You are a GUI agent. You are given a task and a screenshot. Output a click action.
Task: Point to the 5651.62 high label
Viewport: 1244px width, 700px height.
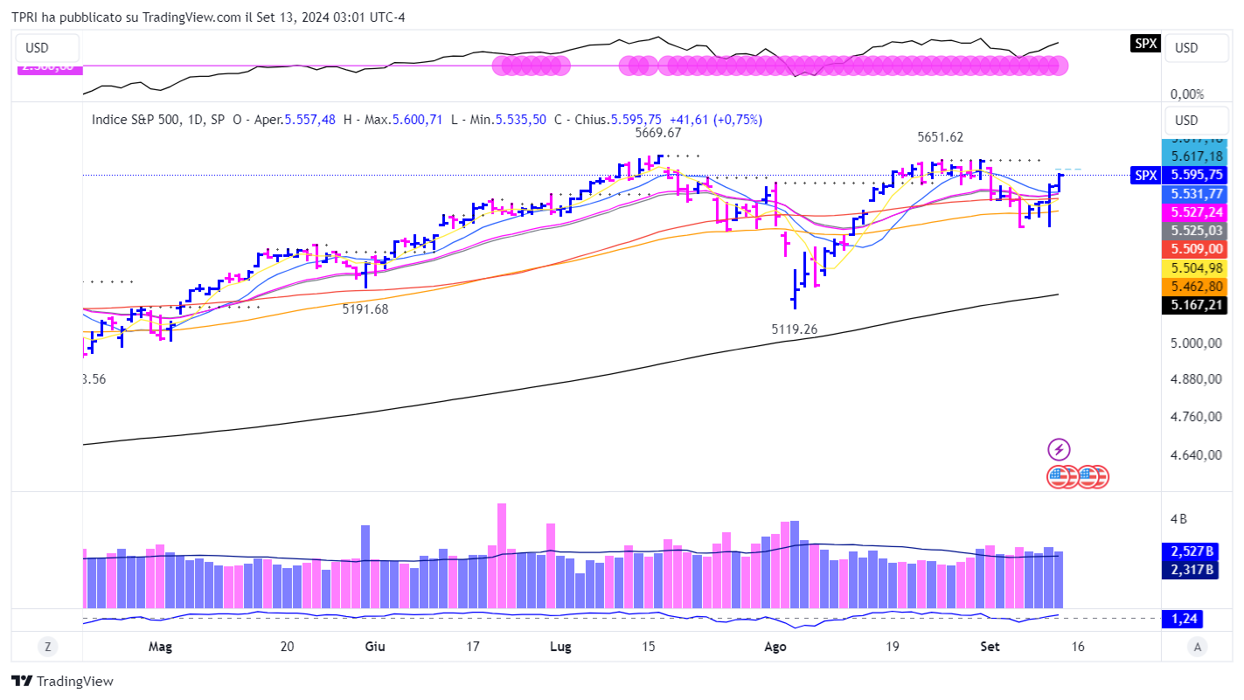tap(940, 137)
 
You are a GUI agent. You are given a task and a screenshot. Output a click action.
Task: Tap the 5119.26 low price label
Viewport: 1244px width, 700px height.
tap(794, 329)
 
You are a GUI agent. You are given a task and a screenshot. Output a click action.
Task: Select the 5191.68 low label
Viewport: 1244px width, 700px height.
tap(365, 308)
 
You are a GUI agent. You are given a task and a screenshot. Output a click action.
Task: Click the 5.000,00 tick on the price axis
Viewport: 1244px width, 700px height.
tap(1196, 343)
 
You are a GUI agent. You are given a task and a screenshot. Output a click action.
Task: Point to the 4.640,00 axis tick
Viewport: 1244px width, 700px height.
tap(1196, 454)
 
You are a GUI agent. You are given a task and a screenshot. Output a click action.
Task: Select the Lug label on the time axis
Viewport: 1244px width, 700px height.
tap(559, 647)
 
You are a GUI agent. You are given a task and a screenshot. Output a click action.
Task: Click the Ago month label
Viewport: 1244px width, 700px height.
tap(775, 647)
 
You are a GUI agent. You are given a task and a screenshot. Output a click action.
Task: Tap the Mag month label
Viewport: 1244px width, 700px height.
tap(160, 647)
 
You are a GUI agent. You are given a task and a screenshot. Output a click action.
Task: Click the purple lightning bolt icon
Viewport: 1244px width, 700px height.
tap(1059, 450)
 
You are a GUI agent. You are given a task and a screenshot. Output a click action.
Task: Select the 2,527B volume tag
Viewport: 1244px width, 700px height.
tap(1191, 551)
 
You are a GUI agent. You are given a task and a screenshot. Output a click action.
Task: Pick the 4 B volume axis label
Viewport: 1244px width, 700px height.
tap(1178, 518)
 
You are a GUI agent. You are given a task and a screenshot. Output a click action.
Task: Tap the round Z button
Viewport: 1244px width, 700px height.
tap(47, 647)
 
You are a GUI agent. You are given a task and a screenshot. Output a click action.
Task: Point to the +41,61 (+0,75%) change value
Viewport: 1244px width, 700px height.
tap(714, 120)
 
